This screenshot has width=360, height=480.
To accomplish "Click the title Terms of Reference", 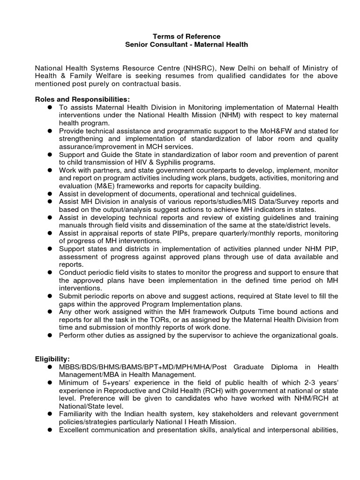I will tap(180, 36).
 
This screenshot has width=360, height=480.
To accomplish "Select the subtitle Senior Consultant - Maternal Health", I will tap(180, 45).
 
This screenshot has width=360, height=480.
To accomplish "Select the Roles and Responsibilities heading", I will tap(82, 99).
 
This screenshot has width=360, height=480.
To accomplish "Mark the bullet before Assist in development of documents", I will tap(48, 193).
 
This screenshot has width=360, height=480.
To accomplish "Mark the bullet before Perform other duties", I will tap(48, 335).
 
